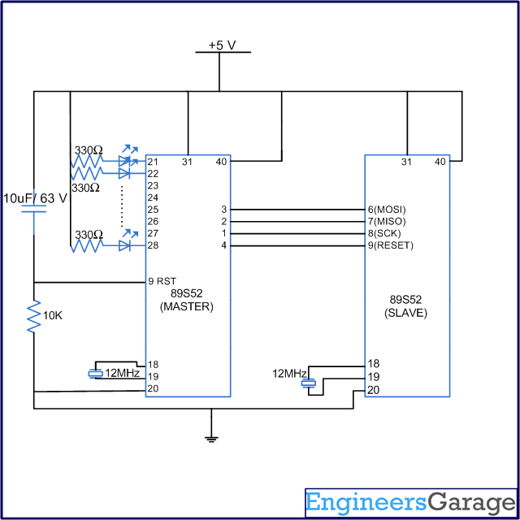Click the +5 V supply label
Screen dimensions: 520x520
(222, 45)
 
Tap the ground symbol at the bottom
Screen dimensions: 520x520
(211, 439)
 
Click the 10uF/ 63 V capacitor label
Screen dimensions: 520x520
(35, 197)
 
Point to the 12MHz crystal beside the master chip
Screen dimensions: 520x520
(95, 373)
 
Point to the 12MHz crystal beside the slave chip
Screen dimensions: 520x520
(306, 380)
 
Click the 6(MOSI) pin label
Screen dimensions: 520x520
(387, 209)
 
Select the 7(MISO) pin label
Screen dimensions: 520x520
(387, 221)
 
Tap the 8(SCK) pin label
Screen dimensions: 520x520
(385, 233)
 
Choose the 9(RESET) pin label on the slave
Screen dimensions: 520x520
(390, 245)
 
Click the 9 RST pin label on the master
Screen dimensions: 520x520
(162, 281)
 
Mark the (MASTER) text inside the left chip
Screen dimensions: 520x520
(186, 307)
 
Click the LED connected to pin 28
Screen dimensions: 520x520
(125, 245)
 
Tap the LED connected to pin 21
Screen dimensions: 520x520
(125, 162)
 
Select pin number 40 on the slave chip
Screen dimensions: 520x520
(440, 162)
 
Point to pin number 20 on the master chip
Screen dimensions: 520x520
(153, 388)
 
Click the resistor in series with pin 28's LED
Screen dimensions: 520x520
(88, 245)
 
